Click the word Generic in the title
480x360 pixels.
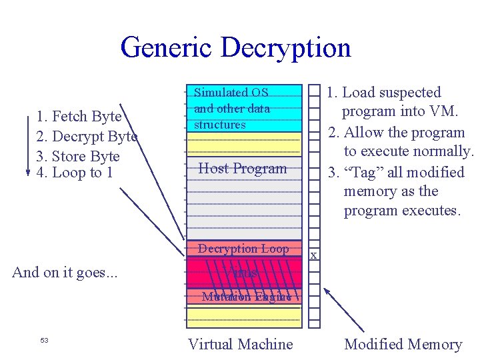(167, 48)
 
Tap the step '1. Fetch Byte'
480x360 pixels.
(79, 117)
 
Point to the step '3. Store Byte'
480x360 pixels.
(78, 157)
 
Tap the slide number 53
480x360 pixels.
(44, 341)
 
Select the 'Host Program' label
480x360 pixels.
(243, 169)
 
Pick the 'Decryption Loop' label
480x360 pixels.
(243, 249)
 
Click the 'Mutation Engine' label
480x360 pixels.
(247, 297)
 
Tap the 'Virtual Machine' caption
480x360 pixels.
(240, 344)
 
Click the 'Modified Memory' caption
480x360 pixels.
(403, 344)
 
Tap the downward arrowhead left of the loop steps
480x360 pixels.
(27, 172)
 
